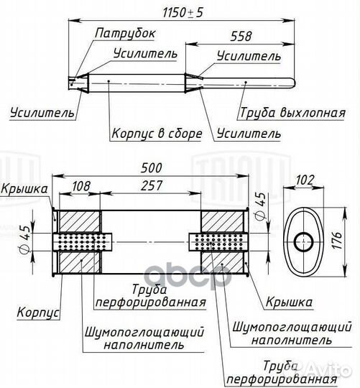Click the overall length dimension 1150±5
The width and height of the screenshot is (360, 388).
[183, 12]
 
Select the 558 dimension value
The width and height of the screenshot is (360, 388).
[241, 36]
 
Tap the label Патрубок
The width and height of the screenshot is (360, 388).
[125, 33]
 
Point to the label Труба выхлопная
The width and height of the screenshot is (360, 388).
[292, 113]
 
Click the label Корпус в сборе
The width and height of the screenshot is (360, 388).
[157, 134]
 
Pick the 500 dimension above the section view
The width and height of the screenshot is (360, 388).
[152, 168]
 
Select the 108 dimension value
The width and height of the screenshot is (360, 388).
[81, 186]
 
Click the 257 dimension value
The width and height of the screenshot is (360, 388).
[152, 185]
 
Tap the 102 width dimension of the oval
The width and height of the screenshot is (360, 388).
[305, 180]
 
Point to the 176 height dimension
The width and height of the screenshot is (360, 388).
[337, 240]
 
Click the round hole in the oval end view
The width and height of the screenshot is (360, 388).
[304, 241]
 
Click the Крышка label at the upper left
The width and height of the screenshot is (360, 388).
[24, 189]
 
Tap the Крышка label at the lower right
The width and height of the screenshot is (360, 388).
[289, 302]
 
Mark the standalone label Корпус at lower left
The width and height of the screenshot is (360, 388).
[38, 313]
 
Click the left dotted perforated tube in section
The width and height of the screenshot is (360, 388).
[83, 242]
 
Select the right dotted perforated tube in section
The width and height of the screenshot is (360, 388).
[218, 242]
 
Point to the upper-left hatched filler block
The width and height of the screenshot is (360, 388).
[80, 221]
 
